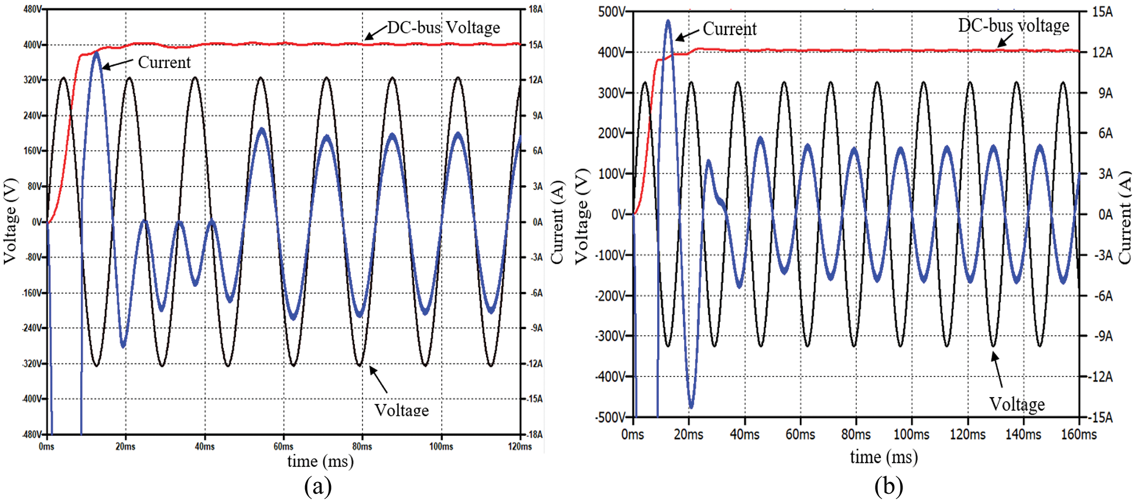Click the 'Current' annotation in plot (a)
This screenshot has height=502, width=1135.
coord(164,62)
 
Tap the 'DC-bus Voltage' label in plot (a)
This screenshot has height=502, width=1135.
coord(443,28)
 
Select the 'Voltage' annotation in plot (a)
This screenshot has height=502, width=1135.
coord(402,410)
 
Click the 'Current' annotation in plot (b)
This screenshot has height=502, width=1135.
coord(729,29)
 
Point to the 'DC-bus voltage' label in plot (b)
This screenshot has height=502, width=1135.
coord(1013,25)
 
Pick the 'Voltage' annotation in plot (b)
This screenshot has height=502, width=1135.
coord(1017,404)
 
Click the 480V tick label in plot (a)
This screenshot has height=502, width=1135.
coord(32,9)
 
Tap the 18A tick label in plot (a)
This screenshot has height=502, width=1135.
coord(535,9)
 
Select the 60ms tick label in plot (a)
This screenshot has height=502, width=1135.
coord(283,447)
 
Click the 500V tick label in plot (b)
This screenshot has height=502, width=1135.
coord(611,12)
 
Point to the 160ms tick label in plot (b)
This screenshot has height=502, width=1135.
coord(1079,435)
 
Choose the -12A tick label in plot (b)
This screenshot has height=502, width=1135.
coord(1100,377)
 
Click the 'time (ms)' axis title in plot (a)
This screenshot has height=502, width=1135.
coord(320,462)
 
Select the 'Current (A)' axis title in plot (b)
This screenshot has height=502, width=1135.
coord(1124,217)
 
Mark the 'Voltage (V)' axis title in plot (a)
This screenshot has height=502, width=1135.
coord(10,221)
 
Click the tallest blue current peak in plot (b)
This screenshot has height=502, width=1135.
coord(668,22)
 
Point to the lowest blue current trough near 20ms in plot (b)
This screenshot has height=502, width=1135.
coord(691,406)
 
